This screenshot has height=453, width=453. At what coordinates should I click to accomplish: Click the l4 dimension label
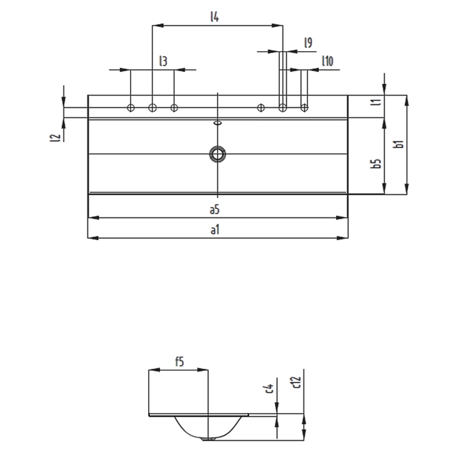pos(214,17)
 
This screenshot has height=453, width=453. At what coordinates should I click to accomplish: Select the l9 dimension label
pos(308,43)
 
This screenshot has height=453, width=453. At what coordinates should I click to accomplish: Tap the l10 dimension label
pos(328,61)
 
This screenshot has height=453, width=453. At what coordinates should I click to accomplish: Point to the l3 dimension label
pos(163,61)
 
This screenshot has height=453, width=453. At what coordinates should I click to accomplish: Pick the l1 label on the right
pos(376,102)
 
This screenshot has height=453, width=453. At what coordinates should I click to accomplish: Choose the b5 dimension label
pos(376,164)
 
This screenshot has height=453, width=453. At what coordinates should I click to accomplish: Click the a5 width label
pos(214,209)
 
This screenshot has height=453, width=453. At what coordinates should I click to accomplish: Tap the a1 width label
pos(215,230)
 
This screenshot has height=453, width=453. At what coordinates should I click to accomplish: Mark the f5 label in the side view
pos(180,361)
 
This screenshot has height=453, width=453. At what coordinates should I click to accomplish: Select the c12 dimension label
pos(296,382)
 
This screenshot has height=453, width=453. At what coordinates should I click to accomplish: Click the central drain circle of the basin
pos(217,154)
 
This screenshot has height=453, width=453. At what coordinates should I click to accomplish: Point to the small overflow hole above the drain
pos(217,123)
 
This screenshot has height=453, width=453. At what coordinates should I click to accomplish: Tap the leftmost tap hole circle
pos(131,108)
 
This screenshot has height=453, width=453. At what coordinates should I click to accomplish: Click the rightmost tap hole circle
pos(304,108)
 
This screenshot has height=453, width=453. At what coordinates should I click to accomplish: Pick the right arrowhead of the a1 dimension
pos(343,238)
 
